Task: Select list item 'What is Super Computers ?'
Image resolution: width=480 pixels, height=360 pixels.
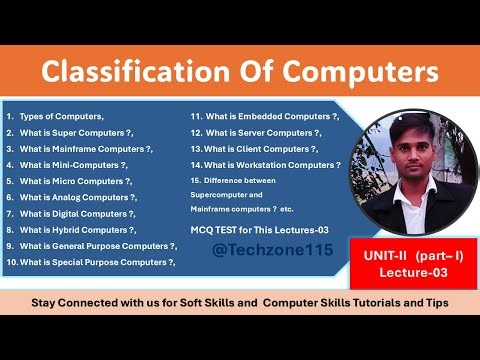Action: click(76, 132)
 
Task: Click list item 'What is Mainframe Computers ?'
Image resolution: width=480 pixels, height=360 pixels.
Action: click(86, 148)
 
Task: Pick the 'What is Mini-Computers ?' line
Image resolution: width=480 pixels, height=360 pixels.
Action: click(73, 164)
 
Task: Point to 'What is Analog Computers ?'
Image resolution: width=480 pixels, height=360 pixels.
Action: click(77, 197)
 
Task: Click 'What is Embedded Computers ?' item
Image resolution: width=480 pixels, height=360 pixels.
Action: click(271, 116)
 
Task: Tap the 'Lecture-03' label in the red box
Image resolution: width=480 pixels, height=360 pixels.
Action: click(409, 271)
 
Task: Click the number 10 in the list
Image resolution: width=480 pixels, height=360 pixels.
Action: click(11, 262)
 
